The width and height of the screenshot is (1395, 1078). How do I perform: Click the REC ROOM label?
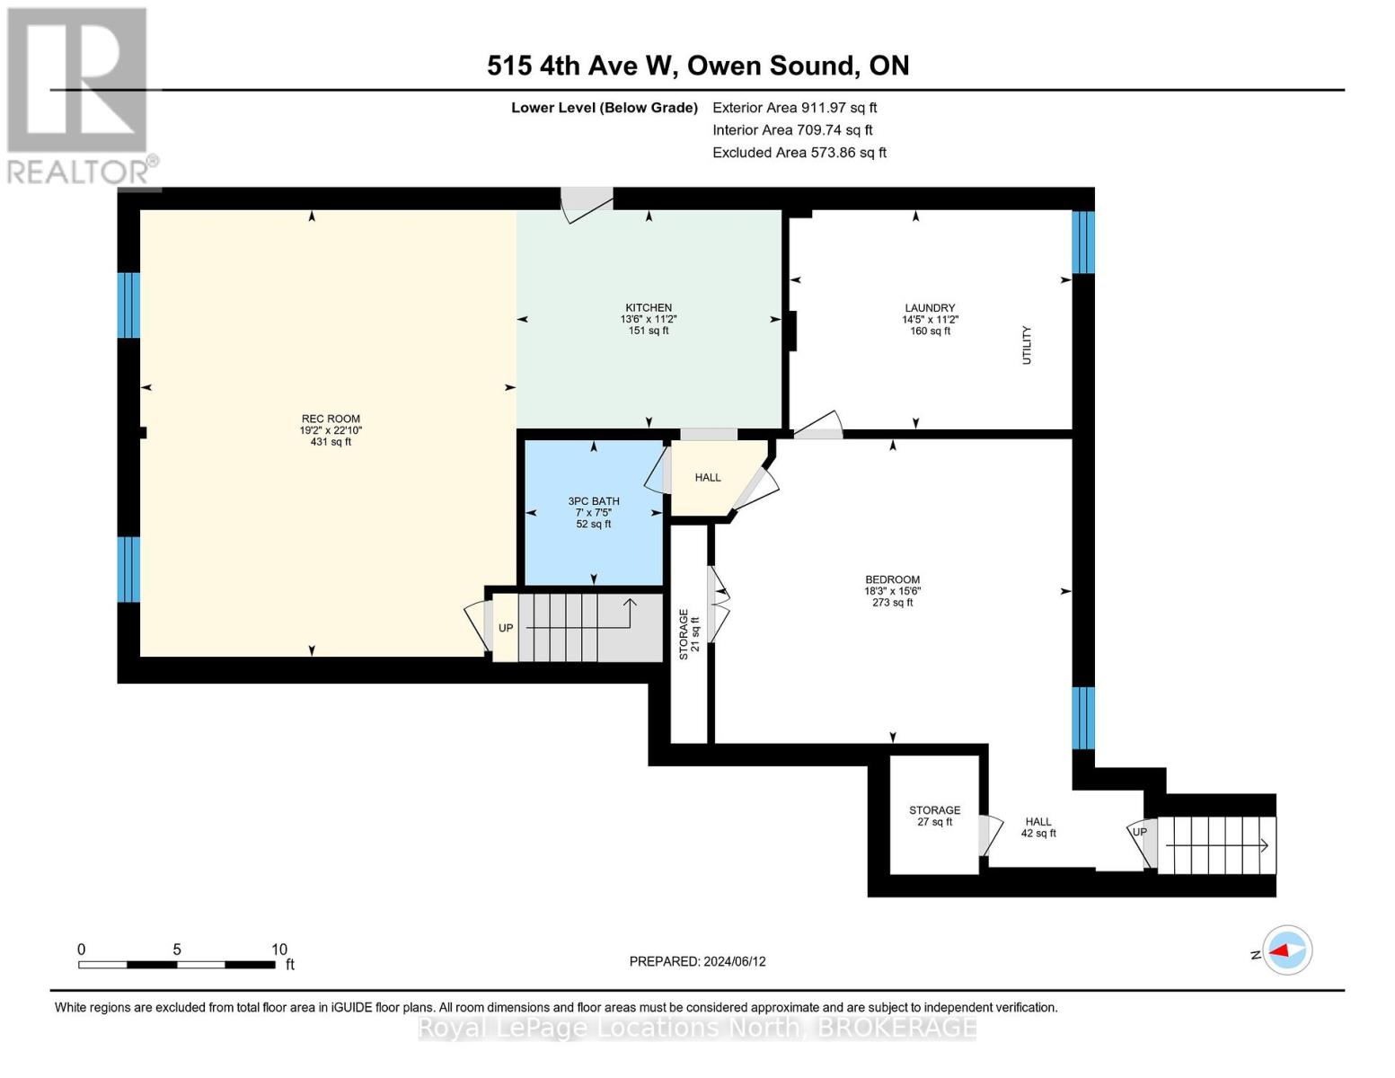(x=331, y=420)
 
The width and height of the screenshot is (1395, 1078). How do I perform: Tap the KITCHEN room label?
(x=649, y=308)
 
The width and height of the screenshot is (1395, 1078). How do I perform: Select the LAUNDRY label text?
(x=930, y=308)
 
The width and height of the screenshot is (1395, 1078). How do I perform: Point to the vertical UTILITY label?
(x=1027, y=345)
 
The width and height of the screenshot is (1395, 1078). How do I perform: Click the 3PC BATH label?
(x=594, y=502)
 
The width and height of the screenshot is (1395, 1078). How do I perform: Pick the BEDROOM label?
(x=892, y=580)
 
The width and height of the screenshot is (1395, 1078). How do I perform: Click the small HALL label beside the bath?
(x=708, y=478)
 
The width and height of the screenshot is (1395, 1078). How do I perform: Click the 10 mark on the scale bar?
(x=278, y=950)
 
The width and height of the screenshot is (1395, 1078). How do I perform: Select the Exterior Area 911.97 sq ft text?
(x=794, y=108)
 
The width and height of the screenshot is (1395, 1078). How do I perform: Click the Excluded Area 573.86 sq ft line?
(x=799, y=153)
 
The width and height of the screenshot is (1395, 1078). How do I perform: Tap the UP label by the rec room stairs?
(x=506, y=628)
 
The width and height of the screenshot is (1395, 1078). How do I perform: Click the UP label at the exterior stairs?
(x=1139, y=832)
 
